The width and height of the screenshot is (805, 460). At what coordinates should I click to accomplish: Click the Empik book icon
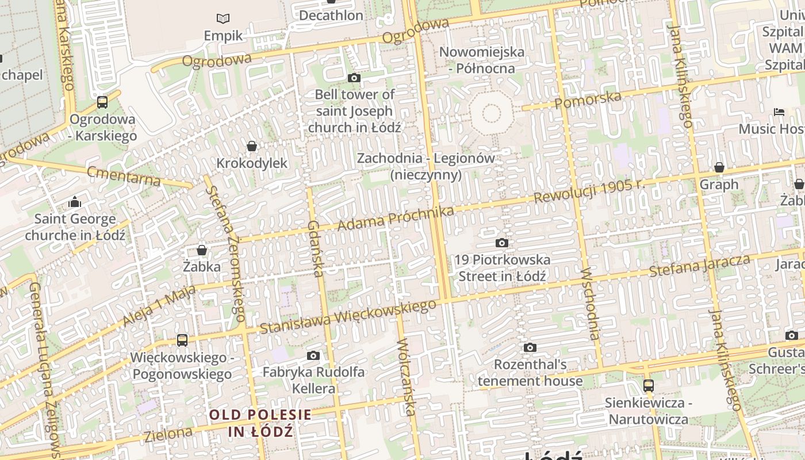[223, 19]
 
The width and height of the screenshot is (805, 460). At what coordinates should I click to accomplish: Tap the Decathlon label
[331, 15]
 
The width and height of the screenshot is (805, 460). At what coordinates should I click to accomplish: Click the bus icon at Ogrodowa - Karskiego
[102, 102]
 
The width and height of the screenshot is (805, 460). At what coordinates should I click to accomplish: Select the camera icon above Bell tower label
[354, 78]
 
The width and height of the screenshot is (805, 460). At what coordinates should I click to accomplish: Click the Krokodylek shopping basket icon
[251, 147]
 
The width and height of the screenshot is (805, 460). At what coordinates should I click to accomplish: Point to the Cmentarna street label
[124, 175]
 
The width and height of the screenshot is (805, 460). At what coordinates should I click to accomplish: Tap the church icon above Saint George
[75, 202]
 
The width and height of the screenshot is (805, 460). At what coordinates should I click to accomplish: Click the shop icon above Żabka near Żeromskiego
[202, 250]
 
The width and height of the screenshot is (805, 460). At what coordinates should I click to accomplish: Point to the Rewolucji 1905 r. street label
[589, 191]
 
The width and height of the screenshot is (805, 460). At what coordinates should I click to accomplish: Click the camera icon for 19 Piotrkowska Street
[502, 243]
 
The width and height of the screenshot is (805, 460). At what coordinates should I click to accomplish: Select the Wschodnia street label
[591, 302]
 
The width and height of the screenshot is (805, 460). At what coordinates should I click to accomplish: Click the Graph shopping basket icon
[719, 168]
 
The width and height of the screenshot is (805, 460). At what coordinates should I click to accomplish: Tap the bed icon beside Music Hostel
[779, 112]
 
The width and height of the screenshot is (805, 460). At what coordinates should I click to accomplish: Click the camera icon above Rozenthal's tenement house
[530, 348]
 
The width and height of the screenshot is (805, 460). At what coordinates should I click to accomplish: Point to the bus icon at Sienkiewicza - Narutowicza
[649, 385]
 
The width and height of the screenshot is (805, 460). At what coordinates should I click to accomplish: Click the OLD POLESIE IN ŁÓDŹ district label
[260, 423]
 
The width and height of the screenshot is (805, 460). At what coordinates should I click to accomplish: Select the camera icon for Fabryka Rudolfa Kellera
[313, 356]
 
